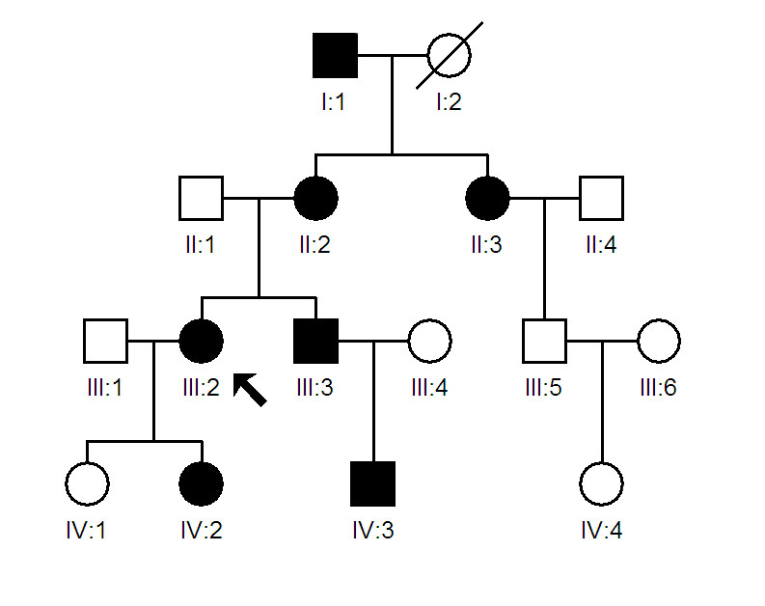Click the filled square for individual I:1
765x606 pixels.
335,55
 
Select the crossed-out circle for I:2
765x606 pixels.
449,55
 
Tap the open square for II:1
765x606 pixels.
201,198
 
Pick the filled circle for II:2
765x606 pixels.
315,198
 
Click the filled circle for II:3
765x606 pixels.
487,198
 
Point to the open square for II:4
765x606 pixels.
601,198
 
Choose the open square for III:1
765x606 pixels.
105,341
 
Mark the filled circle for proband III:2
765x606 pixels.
201,341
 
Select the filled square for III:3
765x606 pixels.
315,341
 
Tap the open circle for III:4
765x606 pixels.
429,341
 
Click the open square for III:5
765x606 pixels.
544,341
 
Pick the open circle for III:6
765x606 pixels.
658,341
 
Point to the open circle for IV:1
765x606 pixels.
87,483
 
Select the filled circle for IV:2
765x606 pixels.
201,483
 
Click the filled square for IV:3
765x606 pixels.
372,483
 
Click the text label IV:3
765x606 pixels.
372,530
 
